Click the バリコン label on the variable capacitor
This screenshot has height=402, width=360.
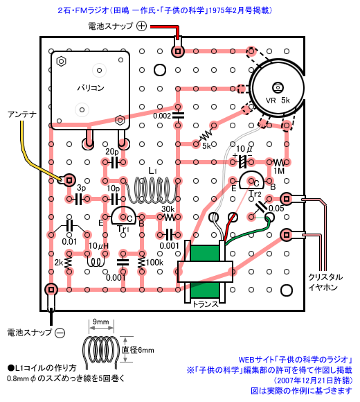coord(91,88)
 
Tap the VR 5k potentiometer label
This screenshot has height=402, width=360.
coord(278,101)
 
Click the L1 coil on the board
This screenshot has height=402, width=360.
coord(152,190)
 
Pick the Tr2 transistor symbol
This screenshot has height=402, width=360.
coord(251,180)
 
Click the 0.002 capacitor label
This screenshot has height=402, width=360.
coord(162,116)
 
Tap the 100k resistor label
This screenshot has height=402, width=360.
coord(154,263)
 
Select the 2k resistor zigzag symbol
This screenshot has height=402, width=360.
coord(69,263)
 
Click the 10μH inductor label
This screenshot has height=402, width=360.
coord(98,246)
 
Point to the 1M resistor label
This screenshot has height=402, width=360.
coord(279,171)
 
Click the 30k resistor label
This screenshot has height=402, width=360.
coord(168,209)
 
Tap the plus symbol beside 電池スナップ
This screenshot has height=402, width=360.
coord(141,26)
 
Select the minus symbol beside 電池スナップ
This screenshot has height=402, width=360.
coord(60,333)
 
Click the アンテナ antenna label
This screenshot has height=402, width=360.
coord(22,114)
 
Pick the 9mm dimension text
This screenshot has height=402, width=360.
coord(100,322)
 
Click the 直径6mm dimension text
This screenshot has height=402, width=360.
coord(138,350)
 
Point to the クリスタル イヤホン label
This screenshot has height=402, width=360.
coord(325,282)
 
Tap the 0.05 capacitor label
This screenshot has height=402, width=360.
coord(276,209)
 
